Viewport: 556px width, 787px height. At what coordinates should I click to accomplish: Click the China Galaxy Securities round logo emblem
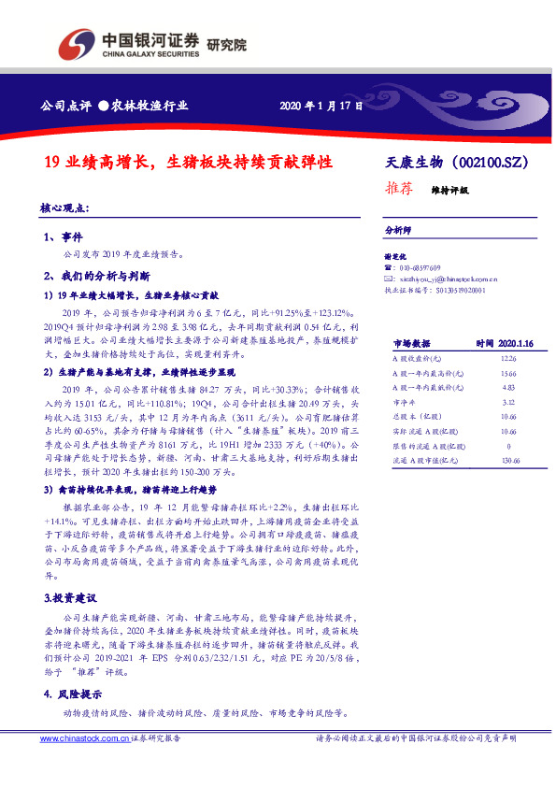(76, 42)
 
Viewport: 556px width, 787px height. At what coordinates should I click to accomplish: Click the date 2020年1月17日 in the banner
(321, 105)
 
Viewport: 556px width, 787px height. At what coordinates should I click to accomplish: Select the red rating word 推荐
(399, 187)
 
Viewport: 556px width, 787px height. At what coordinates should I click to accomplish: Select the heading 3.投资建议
(70, 569)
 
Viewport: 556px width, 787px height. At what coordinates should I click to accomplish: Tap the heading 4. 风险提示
(72, 694)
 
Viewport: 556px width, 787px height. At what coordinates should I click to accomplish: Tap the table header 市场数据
(410, 344)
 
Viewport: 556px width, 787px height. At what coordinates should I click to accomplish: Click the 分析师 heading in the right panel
(398, 229)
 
